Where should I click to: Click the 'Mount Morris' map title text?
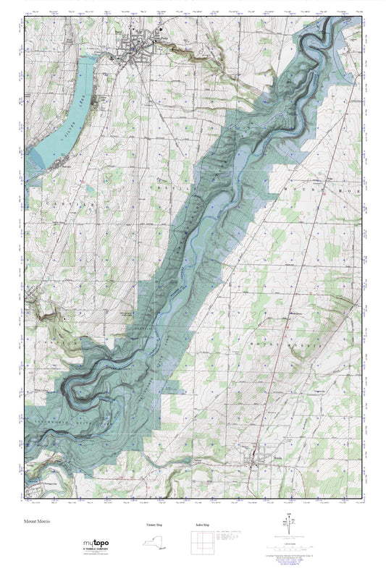[38, 520]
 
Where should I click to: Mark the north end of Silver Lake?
[90, 62]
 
